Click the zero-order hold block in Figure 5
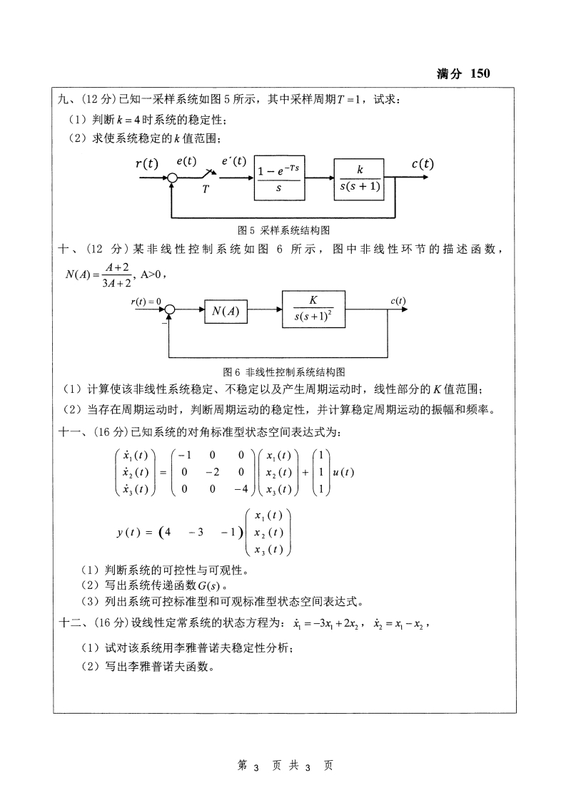pos(278,179)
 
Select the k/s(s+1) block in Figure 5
pos(360,179)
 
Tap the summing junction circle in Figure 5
pos(171,179)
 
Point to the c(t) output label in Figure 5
pos(422,163)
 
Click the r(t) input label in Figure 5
pos(147,164)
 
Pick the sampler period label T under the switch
pos(206,189)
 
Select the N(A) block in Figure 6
pos(226,310)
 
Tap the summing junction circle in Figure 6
pos(170,310)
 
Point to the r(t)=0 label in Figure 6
pos(146,301)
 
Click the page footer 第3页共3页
pos(283,766)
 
